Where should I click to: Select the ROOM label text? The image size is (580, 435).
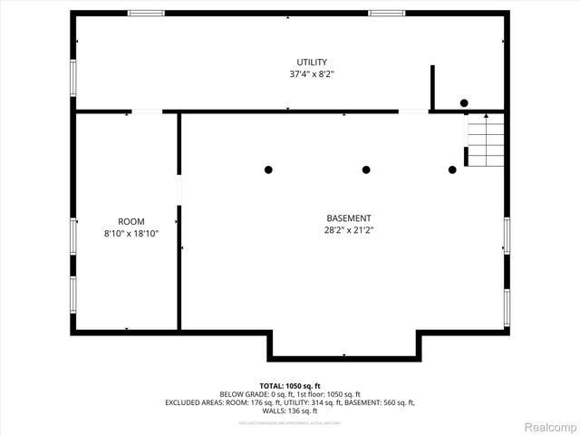pyautogui.click(x=131, y=221)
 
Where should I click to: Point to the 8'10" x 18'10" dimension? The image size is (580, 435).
pyautogui.click(x=131, y=233)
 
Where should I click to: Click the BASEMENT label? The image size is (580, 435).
pyautogui.click(x=349, y=218)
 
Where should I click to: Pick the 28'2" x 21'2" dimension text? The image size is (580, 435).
pyautogui.click(x=349, y=230)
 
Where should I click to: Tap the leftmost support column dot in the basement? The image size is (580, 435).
pyautogui.click(x=268, y=169)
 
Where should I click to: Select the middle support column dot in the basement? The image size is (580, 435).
pyautogui.click(x=366, y=169)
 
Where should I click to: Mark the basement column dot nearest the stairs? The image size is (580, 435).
pyautogui.click(x=452, y=169)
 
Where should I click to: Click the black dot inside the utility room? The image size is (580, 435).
pyautogui.click(x=464, y=103)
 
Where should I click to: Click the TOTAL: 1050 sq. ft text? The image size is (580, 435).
pyautogui.click(x=290, y=385)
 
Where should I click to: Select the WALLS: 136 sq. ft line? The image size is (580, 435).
pyautogui.click(x=290, y=411)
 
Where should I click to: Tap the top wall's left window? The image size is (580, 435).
pyautogui.click(x=146, y=14)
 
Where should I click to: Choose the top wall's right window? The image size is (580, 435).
pyautogui.click(x=386, y=14)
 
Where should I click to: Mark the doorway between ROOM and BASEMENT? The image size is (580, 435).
pyautogui.click(x=179, y=189)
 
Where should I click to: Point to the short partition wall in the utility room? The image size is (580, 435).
pyautogui.click(x=432, y=87)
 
